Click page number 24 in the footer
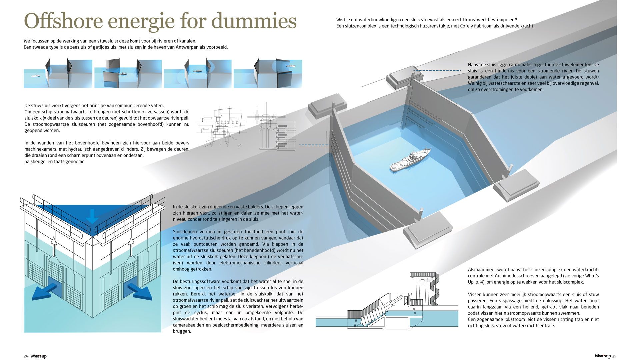pos(26,356)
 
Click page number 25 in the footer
pos(614,356)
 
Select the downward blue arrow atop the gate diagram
pos(92,216)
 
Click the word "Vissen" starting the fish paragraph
pos(475,295)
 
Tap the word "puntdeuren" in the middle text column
pos(223,244)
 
